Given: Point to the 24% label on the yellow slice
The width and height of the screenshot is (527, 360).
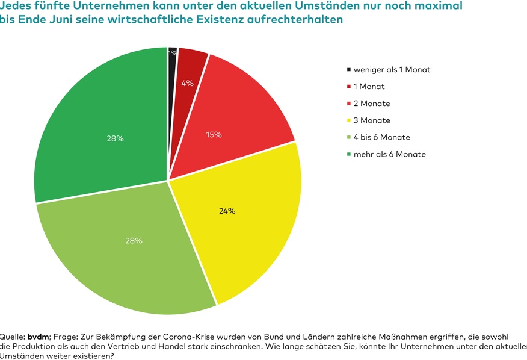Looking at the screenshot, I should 227,211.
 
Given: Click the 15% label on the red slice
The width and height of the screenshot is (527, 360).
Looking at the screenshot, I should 214,135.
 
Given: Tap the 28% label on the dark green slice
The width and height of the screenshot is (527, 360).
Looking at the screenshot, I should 115,138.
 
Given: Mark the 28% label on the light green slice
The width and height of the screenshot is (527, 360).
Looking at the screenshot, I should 134,241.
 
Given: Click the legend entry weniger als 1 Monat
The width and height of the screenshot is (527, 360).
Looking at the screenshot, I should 392,69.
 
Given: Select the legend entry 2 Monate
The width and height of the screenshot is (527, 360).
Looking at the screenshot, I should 371,104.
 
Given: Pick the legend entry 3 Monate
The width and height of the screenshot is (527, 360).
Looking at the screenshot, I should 371,120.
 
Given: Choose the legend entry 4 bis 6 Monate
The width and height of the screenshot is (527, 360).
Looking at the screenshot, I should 381,137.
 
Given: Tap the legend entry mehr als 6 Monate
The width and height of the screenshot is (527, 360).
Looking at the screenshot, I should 389,154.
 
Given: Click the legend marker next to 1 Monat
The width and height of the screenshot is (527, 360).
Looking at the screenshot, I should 348,87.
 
